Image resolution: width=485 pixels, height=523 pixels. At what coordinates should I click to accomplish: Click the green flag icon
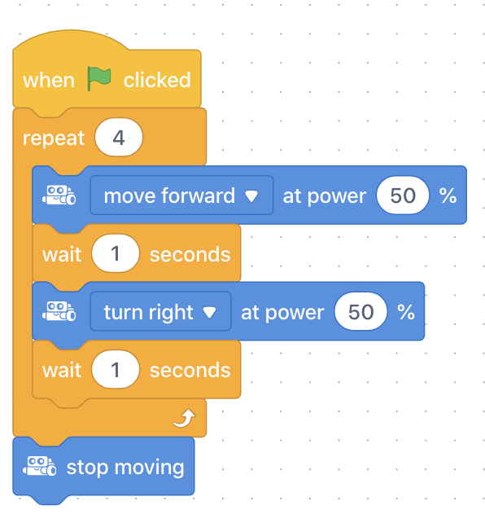99,79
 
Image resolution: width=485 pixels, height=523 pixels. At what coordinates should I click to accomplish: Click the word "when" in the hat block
49,81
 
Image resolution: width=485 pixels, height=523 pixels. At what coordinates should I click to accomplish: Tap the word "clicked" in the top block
157,80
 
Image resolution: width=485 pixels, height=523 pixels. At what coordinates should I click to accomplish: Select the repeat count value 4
119,138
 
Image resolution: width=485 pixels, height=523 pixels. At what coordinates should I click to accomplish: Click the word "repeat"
54,138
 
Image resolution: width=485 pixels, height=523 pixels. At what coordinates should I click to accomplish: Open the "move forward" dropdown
181,196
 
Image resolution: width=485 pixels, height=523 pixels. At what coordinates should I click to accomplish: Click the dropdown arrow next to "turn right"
209,312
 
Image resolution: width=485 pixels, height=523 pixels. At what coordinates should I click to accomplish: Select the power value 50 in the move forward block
403,196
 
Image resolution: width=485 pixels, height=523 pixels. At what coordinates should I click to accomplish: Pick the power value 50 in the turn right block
360,311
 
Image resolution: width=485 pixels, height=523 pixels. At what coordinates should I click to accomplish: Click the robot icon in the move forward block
59,196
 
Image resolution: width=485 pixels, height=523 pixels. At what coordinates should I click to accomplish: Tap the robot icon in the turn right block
59,311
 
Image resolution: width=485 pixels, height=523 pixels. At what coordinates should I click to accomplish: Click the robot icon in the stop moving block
39,466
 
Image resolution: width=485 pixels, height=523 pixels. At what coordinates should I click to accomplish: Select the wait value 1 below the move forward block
116,253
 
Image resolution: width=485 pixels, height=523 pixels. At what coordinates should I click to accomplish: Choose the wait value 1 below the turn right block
116,369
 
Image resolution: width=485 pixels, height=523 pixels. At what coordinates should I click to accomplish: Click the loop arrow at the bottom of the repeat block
184,418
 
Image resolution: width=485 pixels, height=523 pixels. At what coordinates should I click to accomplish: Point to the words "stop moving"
125,468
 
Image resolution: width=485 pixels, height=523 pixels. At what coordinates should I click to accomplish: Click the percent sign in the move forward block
448,196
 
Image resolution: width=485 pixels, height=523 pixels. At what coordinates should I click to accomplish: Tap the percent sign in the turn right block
406,312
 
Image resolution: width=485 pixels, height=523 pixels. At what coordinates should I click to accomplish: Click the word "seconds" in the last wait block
190,370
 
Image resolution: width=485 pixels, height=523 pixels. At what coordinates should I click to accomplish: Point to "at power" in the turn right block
282,313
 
